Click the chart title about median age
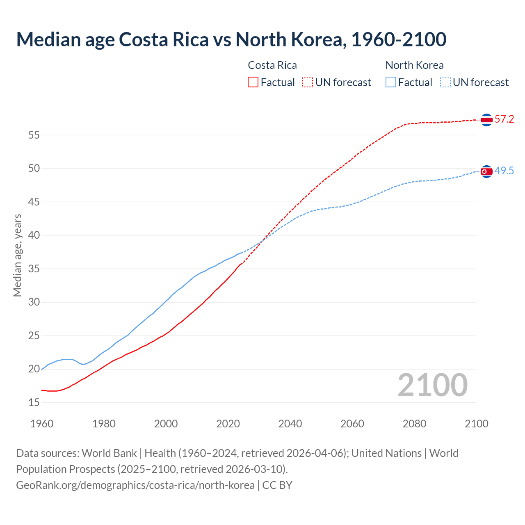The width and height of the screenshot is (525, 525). click(x=231, y=39)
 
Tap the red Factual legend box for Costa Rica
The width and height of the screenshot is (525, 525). click(x=253, y=82)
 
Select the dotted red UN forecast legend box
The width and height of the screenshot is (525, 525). click(x=308, y=82)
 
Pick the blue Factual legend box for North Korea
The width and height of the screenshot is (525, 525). click(x=391, y=82)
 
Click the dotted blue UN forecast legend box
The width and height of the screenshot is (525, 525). click(x=445, y=82)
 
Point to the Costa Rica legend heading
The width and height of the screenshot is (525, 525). click(x=272, y=65)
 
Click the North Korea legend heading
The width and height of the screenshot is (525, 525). click(x=414, y=65)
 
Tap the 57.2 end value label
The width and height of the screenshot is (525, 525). click(x=504, y=119)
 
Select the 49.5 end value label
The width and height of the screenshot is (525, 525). click(x=504, y=171)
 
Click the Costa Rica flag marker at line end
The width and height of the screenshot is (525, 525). click(x=486, y=120)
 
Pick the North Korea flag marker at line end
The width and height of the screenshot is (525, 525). click(x=486, y=171)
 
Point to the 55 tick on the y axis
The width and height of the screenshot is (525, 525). click(x=34, y=135)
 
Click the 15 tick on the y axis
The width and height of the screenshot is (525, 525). click(x=34, y=403)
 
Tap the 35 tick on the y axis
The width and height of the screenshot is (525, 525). click(x=34, y=269)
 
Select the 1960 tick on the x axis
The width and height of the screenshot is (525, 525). click(x=42, y=424)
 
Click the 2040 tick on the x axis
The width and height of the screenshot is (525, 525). click(x=290, y=424)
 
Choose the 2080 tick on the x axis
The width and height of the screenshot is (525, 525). click(x=414, y=424)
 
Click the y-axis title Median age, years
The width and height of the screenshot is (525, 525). click(x=17, y=255)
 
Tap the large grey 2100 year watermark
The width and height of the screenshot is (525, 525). click(x=432, y=385)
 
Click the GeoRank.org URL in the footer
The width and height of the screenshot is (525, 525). click(x=135, y=485)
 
